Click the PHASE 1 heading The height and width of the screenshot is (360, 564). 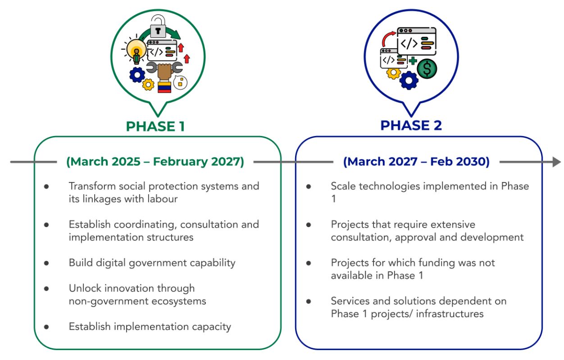pos(155,126)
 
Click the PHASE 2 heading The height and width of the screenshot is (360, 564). pos(411,125)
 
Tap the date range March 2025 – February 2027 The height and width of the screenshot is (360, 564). pos(155,162)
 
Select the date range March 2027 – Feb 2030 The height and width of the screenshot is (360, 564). pos(416,162)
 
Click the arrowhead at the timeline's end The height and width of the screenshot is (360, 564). pos(557,162)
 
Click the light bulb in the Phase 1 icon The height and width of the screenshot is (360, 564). pos(136,50)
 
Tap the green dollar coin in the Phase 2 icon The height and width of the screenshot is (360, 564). pos(427,68)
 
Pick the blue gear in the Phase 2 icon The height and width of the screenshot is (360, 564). pos(409,81)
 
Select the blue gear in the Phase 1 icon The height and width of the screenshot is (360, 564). pos(137,75)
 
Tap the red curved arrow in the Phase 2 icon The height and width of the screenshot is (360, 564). pos(388,38)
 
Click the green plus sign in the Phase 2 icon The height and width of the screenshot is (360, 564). pos(413,61)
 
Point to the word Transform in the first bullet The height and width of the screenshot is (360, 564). pos(92,186)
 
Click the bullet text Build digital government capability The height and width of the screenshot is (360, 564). pos(152,263)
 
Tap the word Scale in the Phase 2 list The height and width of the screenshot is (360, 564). pos(343,186)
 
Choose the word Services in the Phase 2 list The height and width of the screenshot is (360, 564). pos(350,301)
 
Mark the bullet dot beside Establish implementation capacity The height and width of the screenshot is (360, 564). pos(46,327)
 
